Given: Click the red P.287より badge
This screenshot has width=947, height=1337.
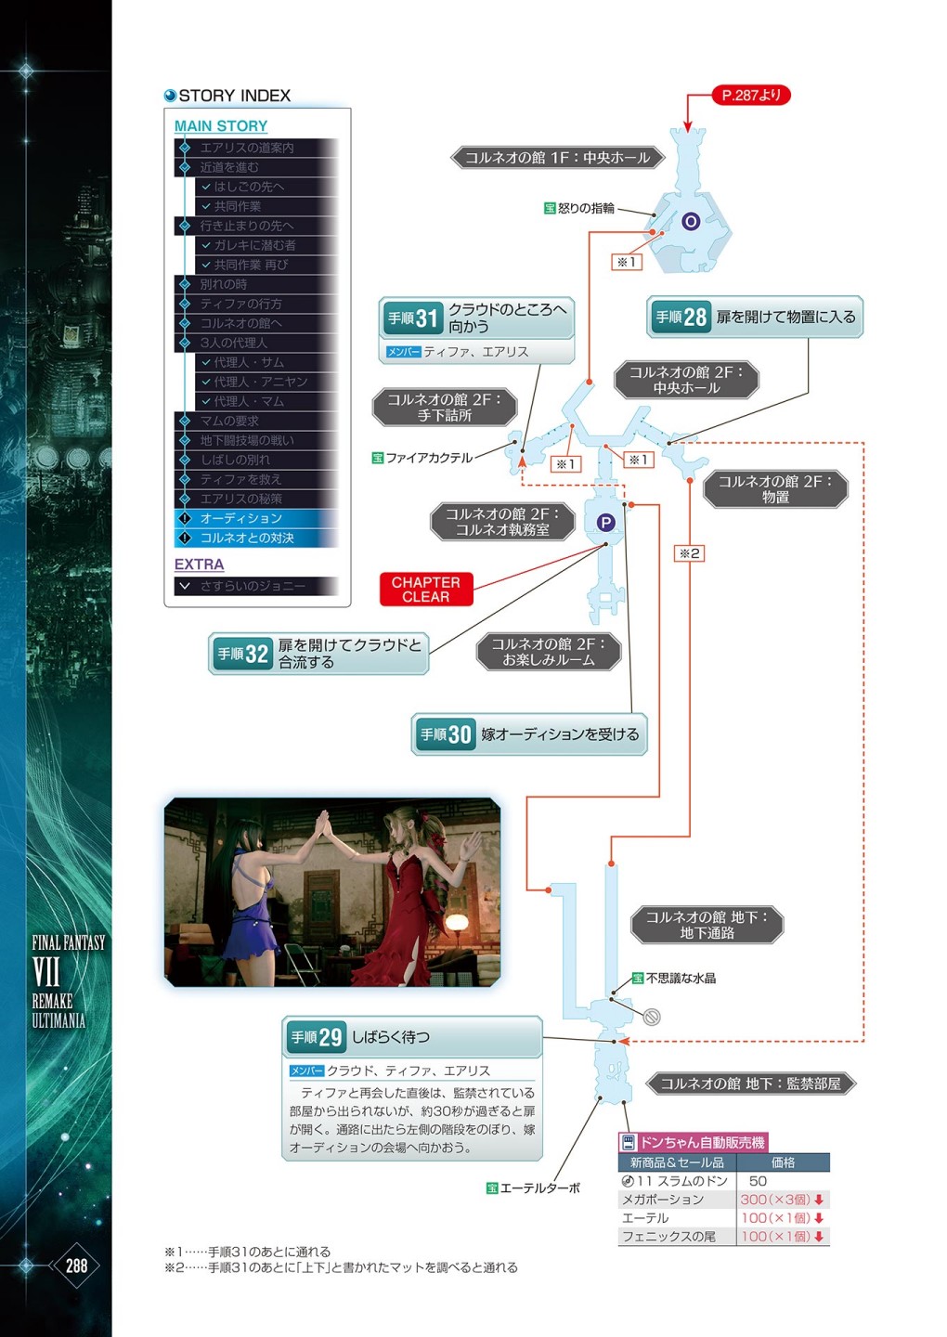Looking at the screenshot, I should coord(751,95).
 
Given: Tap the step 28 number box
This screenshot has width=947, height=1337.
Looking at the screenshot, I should coord(681,317).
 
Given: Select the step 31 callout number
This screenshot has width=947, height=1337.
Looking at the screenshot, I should coord(413,318).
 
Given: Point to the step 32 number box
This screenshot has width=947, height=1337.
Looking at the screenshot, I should coord(243,654).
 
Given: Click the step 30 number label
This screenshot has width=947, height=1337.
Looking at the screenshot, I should coord(446,734).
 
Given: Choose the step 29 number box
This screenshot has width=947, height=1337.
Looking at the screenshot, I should coord(317,1037).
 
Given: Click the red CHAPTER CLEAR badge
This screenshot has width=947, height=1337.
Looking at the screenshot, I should coord(426,590).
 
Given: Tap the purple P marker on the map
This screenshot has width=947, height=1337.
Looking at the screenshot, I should coord(605,523).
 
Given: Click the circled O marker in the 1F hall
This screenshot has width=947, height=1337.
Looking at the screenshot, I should coord(691,221).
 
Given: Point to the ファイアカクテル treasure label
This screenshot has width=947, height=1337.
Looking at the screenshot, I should coord(422,458).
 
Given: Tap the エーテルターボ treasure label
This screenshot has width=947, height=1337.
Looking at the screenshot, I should coord(533,1188).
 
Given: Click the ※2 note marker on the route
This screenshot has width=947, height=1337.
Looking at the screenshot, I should coord(689,553).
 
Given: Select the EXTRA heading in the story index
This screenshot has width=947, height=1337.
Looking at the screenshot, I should coord(199,565).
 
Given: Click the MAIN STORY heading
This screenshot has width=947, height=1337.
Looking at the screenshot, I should coord(221,126).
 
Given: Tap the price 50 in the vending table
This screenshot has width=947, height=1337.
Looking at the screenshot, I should coord(758,1181).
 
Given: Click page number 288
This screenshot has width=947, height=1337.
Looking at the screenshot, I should coord(76,1265).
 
